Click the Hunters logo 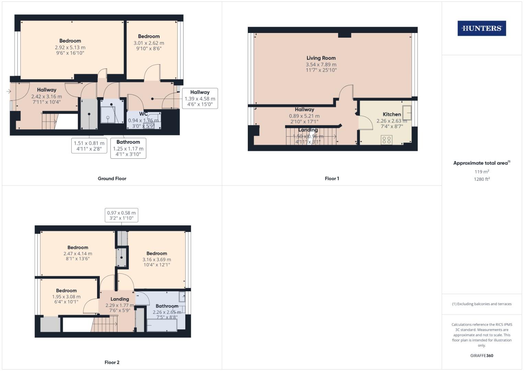(481, 29)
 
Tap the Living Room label (321, 58)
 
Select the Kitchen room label (392, 114)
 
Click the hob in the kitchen (386, 140)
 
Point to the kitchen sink (407, 112)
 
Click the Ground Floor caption (112, 179)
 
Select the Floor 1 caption (331, 179)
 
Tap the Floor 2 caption (112, 362)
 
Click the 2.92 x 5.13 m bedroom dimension (70, 47)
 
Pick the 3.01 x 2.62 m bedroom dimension (149, 43)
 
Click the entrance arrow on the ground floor (9, 91)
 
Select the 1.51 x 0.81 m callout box (89, 146)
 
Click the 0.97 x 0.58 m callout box (121, 215)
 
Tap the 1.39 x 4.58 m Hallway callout (200, 98)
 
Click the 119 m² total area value (481, 172)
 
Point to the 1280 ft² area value (481, 179)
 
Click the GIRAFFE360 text (481, 356)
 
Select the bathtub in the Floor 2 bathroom (162, 325)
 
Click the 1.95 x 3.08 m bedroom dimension (66, 297)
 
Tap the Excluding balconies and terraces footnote (481, 304)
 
